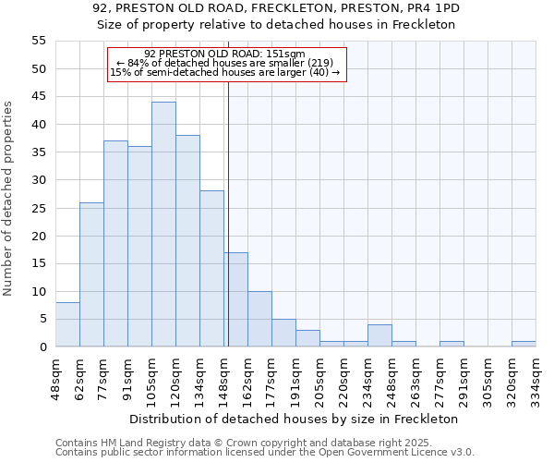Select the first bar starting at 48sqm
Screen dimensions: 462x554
[x=67, y=324]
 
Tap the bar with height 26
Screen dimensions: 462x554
[x=91, y=274]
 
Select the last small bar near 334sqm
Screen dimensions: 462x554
[x=524, y=344]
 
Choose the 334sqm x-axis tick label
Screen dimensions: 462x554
[x=536, y=376]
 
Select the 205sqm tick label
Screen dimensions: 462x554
[x=320, y=376]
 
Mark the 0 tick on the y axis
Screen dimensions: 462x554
[x=42, y=346]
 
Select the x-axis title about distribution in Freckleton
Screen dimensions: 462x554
[x=294, y=419]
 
